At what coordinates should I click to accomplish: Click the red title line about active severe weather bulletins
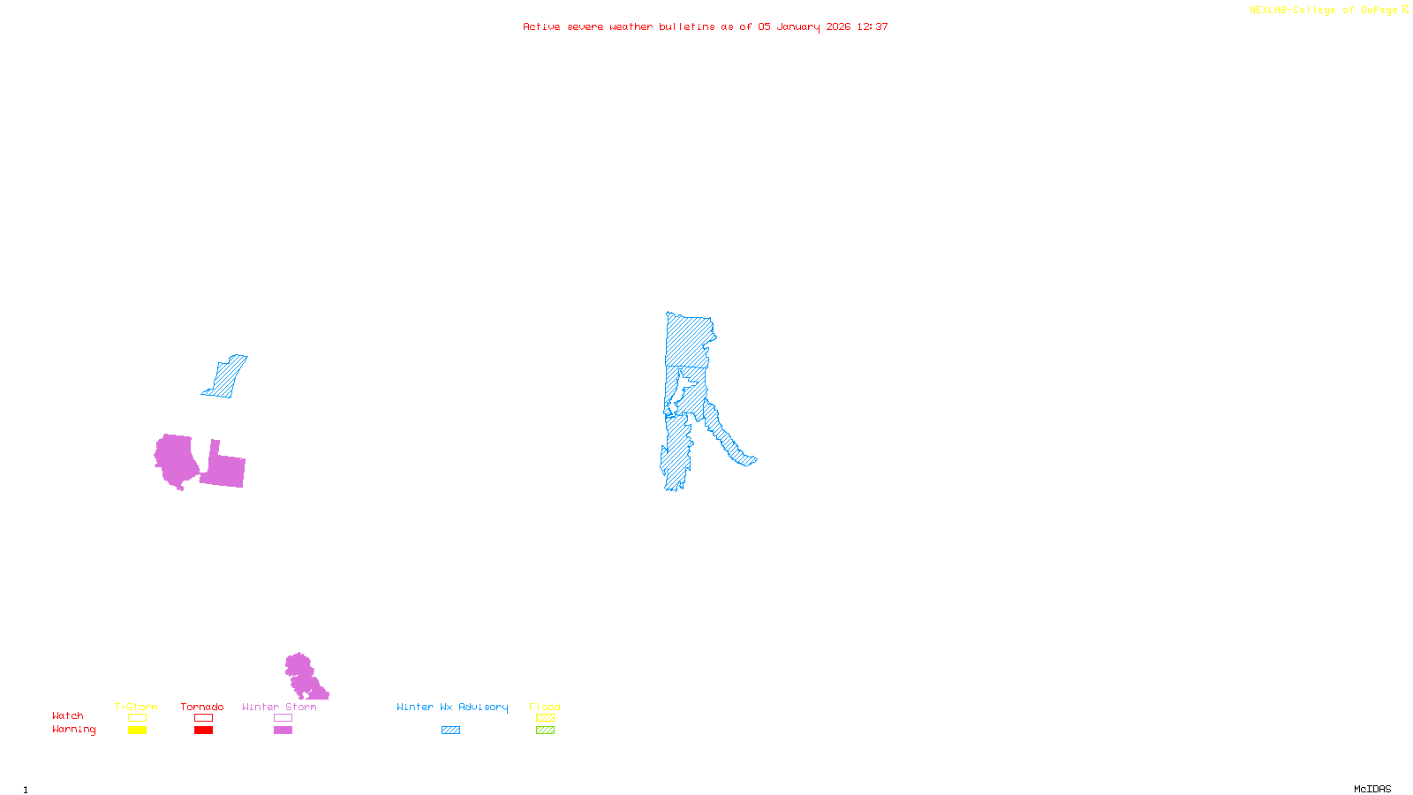pos(705,27)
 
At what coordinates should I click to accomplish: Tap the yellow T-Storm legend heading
pos(136,707)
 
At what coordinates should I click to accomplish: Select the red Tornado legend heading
pos(202,707)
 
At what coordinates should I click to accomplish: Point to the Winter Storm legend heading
pos(279,707)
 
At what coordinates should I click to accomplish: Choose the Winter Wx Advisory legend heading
pos(452,707)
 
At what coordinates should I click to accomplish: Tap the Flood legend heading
pos(545,707)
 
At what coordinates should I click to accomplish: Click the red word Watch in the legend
pos(68,716)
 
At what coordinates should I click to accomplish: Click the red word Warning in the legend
pos(73,730)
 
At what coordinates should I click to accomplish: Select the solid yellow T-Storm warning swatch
pos(137,731)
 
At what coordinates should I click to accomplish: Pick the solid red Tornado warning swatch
pos(203,731)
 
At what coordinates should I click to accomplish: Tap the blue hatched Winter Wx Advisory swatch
pos(450,731)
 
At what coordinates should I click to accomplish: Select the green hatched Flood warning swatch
pos(545,731)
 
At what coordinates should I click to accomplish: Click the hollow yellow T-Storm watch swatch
pos(137,718)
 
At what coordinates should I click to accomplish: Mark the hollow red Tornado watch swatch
pos(203,718)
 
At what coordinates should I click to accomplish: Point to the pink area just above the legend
pos(303,677)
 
